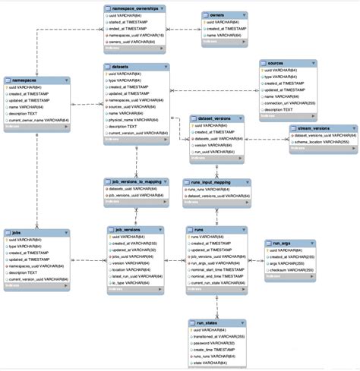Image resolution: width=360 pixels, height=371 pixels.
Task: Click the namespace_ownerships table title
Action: click(x=134, y=8)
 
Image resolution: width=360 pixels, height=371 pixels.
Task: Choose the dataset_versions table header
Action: click(x=216, y=118)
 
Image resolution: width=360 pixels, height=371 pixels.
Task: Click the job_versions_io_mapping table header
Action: click(x=135, y=182)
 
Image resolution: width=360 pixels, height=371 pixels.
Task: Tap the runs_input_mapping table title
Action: click(x=216, y=182)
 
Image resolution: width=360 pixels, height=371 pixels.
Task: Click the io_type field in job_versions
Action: click(x=131, y=283)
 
